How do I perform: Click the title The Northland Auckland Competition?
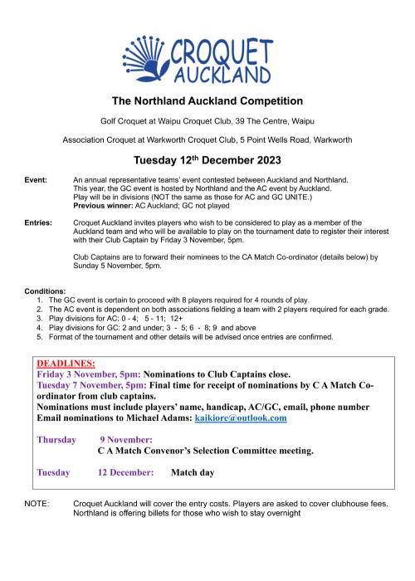[207, 101]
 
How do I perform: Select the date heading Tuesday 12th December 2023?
[207, 160]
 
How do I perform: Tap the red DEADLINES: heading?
[66, 364]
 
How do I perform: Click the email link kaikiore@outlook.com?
[245, 418]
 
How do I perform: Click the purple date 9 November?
[125, 439]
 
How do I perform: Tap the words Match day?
[193, 472]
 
